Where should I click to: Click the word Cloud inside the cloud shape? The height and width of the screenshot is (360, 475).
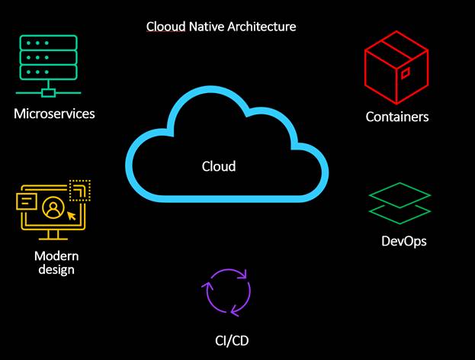point(219,166)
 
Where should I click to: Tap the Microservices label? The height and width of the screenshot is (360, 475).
point(53,114)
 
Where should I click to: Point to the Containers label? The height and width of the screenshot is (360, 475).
point(397,117)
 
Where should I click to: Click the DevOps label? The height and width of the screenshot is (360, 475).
point(403,242)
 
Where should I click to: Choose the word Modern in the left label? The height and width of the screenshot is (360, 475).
point(56,255)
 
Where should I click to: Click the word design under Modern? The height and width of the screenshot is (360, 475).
point(56,269)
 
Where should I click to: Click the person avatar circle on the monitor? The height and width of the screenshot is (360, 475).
point(52,207)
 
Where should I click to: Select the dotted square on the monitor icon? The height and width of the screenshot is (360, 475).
point(79,190)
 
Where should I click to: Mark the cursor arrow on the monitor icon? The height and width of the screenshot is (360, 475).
point(72,215)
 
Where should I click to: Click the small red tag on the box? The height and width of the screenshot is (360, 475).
point(406,72)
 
